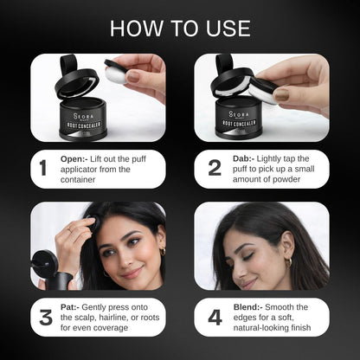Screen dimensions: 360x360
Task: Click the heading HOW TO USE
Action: pos(180,28)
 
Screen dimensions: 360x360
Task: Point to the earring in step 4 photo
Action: pos(291,260)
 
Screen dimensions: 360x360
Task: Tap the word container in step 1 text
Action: pos(85,181)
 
